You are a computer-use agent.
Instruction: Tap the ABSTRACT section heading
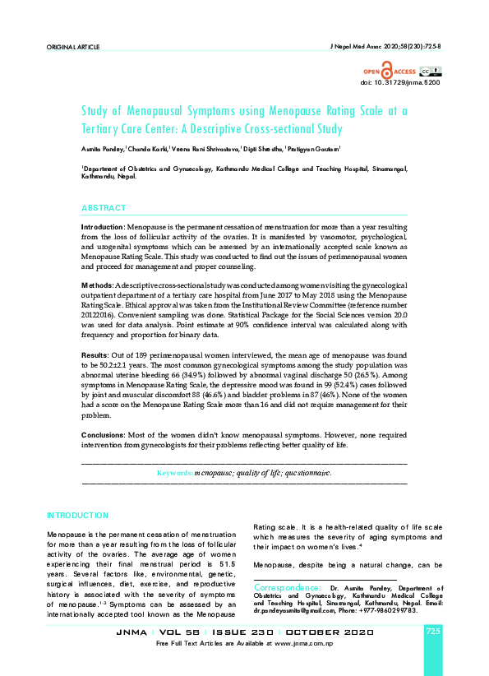click(x=104, y=208)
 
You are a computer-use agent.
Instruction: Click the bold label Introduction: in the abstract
click(x=103, y=226)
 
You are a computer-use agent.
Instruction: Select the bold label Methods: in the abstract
click(x=97, y=284)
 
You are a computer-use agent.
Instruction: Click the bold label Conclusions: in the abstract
click(x=103, y=434)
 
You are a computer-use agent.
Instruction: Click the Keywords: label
click(x=174, y=474)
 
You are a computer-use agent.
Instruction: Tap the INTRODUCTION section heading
click(x=77, y=515)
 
